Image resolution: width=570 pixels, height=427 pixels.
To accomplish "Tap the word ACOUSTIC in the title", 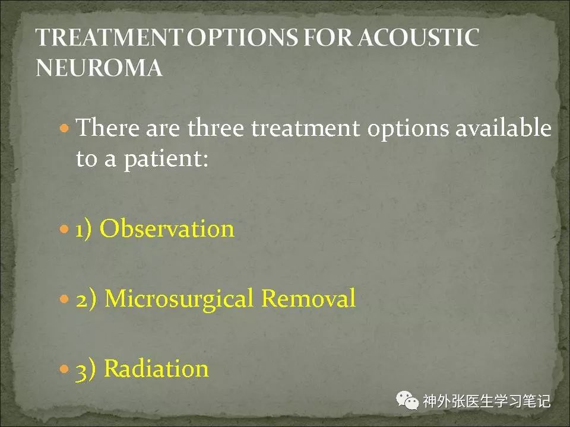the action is [x=419, y=37].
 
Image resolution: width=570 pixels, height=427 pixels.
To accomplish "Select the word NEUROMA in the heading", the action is [x=99, y=68].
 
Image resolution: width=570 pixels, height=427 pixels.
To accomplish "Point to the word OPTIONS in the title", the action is [x=242, y=37].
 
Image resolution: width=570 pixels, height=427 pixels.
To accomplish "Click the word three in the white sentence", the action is [x=216, y=128].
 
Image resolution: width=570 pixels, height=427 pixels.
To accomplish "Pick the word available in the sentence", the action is [x=503, y=128].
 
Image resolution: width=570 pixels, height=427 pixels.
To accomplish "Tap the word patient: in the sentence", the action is [x=166, y=160].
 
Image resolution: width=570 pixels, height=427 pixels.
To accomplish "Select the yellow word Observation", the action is [x=167, y=229].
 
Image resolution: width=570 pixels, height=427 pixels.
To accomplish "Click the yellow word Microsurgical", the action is [x=179, y=299].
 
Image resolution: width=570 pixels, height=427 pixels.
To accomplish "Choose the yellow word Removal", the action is [x=308, y=298].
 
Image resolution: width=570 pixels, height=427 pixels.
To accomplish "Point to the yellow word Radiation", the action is [x=156, y=368].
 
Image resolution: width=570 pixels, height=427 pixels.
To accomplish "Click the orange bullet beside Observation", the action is [x=64, y=229].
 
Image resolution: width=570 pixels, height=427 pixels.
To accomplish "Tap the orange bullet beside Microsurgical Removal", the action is [x=64, y=299].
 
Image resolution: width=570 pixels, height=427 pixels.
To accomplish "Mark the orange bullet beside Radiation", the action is [x=64, y=369].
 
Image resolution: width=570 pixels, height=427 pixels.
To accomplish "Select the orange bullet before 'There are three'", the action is [x=64, y=128].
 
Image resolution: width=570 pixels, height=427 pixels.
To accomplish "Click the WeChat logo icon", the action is [x=407, y=400].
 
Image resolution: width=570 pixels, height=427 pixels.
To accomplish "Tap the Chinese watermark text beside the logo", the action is [x=487, y=401].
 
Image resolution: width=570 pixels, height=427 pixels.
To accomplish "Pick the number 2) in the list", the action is [x=86, y=299].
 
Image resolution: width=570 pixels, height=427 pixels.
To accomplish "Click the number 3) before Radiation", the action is [x=85, y=369].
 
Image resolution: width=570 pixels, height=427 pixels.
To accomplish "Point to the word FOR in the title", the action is [x=328, y=37].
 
